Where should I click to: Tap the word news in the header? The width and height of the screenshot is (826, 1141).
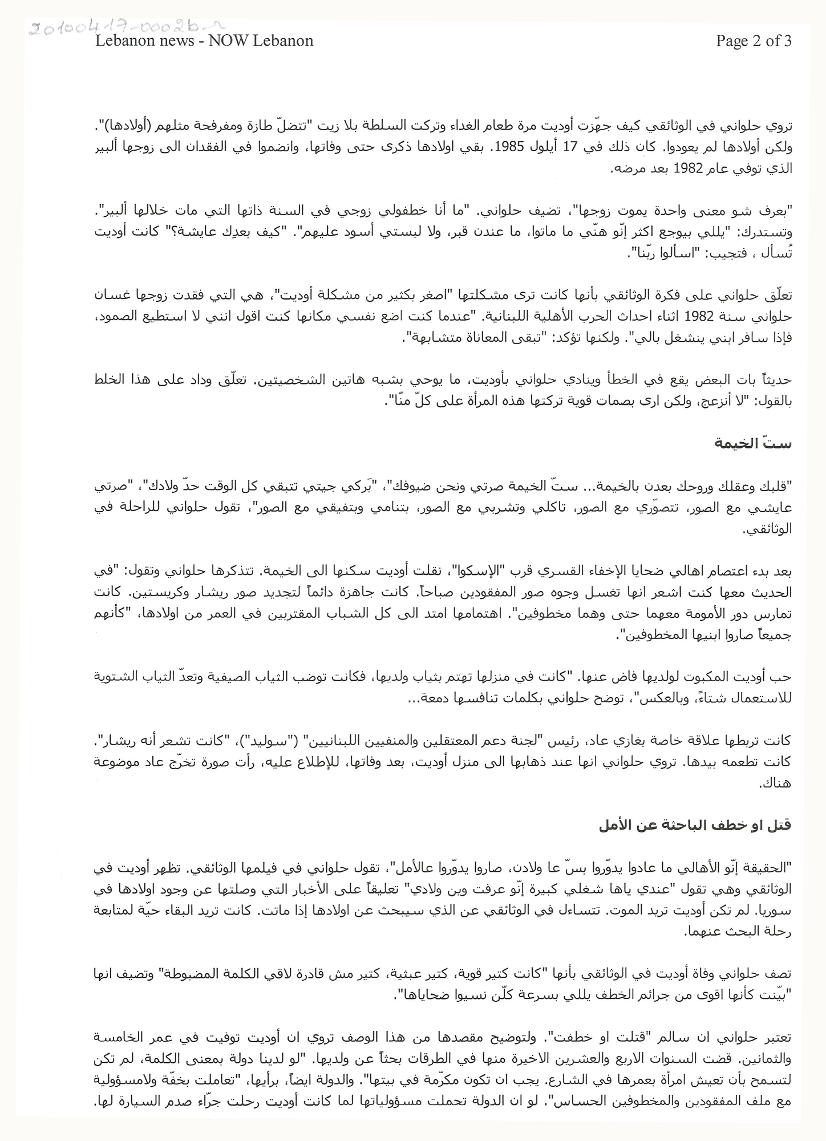pos(168,41)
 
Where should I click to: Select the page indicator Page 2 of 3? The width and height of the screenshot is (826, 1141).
pos(754,41)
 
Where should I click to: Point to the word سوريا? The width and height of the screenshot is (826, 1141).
pos(778,912)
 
